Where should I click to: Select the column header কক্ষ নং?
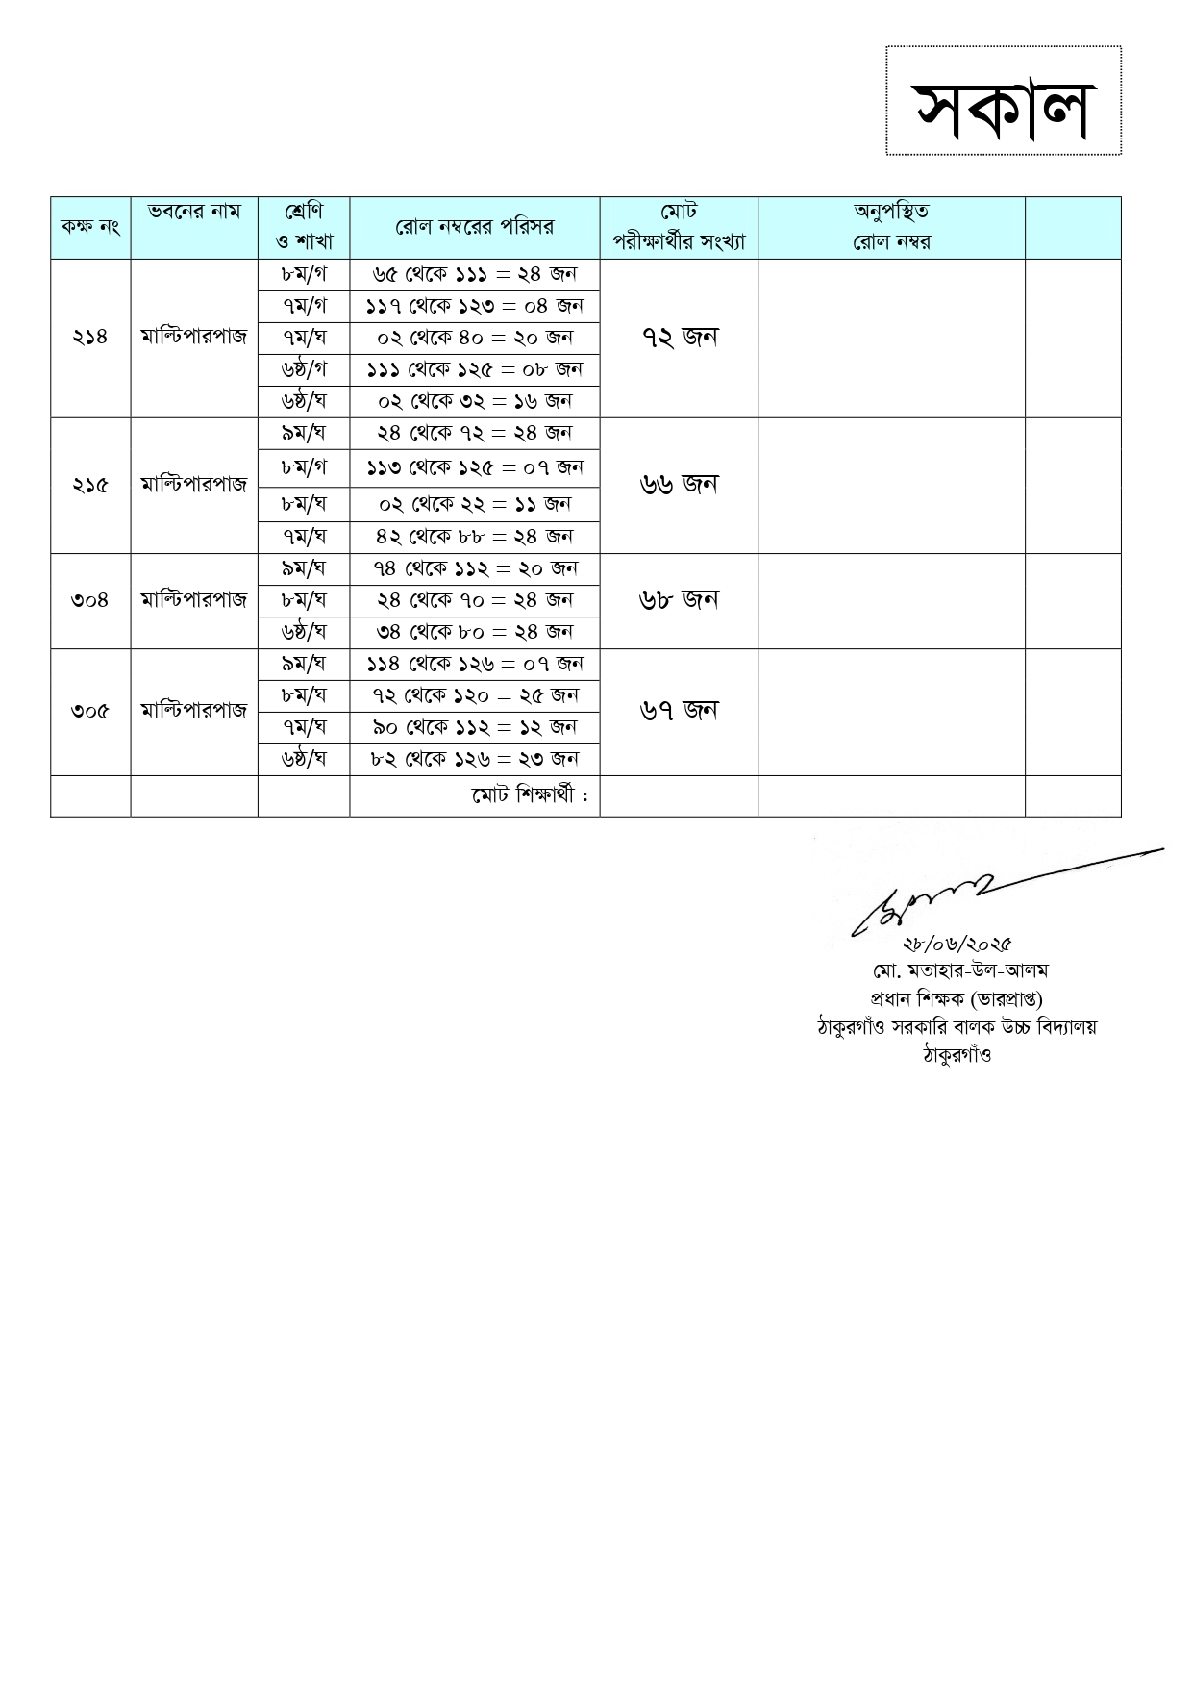(x=89, y=227)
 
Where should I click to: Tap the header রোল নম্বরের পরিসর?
(x=475, y=227)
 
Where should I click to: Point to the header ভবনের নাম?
(x=194, y=212)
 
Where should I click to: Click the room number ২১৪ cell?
(x=89, y=337)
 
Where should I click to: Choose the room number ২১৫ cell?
(x=89, y=485)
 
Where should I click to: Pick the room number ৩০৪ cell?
(x=89, y=600)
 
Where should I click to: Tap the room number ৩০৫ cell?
(x=89, y=712)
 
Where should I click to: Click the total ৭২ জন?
(x=679, y=337)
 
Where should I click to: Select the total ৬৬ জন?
(x=679, y=485)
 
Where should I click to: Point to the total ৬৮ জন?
(x=679, y=600)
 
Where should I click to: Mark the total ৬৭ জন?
(x=679, y=711)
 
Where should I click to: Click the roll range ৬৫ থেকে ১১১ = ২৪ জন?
(x=475, y=274)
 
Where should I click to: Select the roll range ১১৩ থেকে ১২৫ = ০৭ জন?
(x=475, y=467)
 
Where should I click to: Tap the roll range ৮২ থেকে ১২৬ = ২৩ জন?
(x=475, y=759)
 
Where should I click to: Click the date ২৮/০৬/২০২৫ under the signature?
(x=957, y=944)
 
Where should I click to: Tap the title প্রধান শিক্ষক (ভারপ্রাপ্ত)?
(x=957, y=998)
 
